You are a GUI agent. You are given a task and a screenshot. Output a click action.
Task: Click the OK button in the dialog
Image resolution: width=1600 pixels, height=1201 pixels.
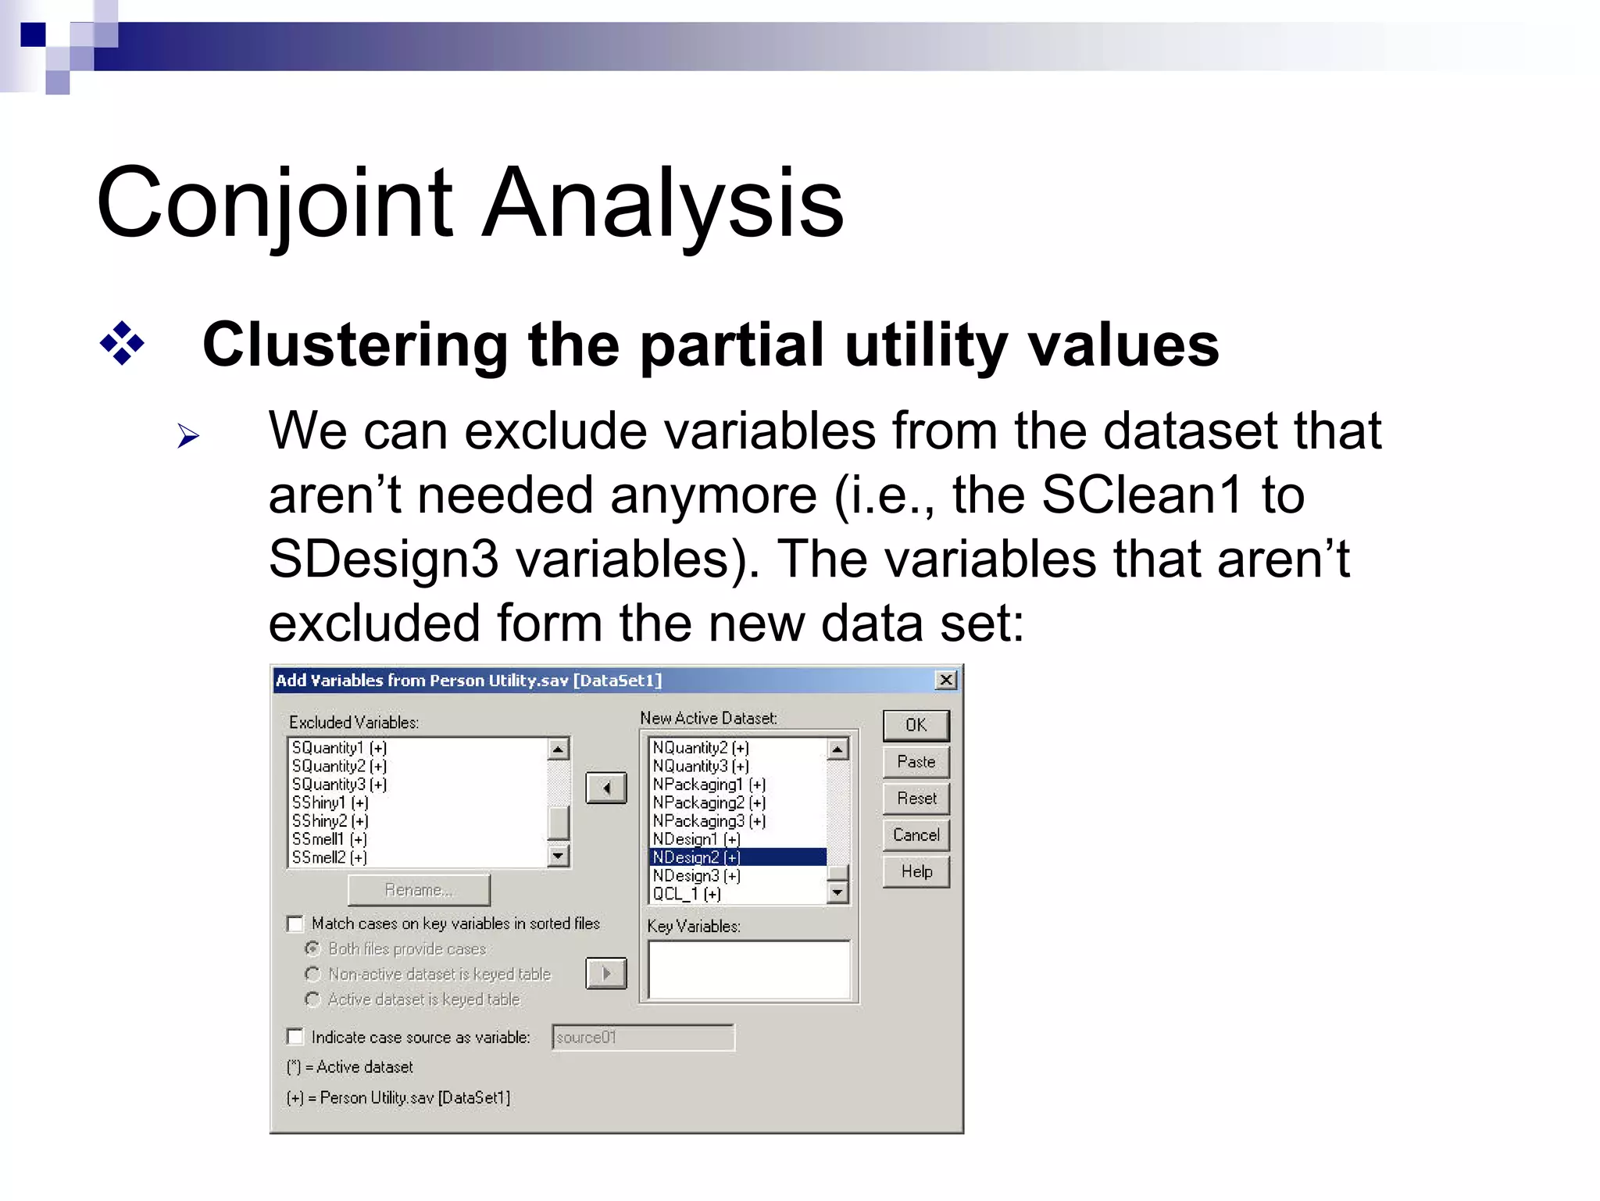tap(916, 725)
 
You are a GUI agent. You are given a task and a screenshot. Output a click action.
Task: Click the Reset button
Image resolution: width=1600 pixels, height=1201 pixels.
tap(916, 799)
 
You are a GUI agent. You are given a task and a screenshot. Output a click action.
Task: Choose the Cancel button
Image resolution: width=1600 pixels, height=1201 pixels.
tap(916, 835)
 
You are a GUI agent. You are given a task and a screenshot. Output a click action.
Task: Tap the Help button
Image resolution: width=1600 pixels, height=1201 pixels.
tap(916, 872)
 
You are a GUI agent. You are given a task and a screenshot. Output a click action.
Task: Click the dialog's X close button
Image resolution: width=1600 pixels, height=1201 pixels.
tap(945, 680)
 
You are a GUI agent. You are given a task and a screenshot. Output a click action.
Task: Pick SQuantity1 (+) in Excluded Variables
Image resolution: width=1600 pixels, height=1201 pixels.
tap(339, 748)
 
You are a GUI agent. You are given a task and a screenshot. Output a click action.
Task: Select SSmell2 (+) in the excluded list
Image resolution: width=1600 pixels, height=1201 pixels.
tap(329, 857)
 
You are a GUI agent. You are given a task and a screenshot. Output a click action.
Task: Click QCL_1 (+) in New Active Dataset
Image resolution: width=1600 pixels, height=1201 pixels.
tap(687, 894)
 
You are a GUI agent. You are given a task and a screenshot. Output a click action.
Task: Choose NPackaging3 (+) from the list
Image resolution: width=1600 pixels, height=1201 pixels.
tap(709, 821)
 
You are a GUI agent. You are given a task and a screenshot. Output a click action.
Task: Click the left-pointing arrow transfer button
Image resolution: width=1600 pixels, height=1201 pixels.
tap(606, 788)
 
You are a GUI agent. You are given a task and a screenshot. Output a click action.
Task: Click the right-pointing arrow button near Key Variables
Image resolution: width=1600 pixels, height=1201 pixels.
tap(606, 974)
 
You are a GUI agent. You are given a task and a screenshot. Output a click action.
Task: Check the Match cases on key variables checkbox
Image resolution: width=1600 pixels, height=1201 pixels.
tap(295, 924)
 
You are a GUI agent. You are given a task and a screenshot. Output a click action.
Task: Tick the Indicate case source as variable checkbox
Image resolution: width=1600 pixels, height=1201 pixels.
tap(295, 1037)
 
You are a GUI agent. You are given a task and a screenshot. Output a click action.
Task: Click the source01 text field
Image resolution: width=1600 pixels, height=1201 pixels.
tap(642, 1038)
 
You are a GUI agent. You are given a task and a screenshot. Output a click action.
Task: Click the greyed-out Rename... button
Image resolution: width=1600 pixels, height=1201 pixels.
tap(419, 890)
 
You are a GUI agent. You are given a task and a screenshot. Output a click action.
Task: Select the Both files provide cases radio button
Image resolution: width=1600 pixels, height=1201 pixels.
tap(312, 949)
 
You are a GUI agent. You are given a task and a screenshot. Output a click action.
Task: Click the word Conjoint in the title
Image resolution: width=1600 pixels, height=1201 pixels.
tap(273, 203)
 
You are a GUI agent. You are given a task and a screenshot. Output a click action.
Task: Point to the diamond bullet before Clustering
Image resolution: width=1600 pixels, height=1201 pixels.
tap(123, 343)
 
